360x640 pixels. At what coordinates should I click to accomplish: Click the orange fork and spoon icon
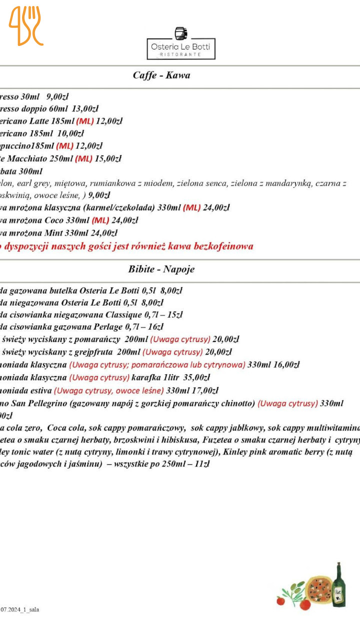(26, 26)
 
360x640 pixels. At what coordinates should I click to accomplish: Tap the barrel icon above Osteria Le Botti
(181, 33)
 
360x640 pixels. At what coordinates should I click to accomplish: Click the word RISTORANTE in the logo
(181, 54)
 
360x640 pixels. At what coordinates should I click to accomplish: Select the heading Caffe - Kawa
(161, 75)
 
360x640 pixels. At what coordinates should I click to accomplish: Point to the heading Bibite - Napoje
(161, 269)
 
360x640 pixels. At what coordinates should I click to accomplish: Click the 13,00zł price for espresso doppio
(85, 108)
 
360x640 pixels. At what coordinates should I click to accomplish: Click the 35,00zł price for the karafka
(196, 377)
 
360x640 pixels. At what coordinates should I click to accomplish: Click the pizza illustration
(319, 588)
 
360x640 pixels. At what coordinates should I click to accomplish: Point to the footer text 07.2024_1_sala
(19, 609)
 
